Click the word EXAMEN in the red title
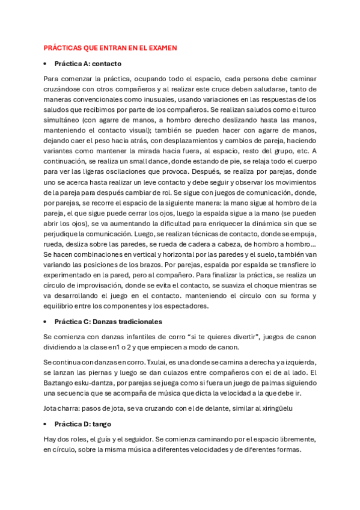click(x=162, y=48)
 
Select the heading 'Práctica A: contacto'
click(x=88, y=63)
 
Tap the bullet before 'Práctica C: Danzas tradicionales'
click(x=46, y=322)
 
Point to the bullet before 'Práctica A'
click(x=46, y=63)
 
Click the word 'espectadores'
click(x=185, y=306)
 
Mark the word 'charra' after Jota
click(x=70, y=408)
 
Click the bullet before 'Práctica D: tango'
click(x=46, y=424)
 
